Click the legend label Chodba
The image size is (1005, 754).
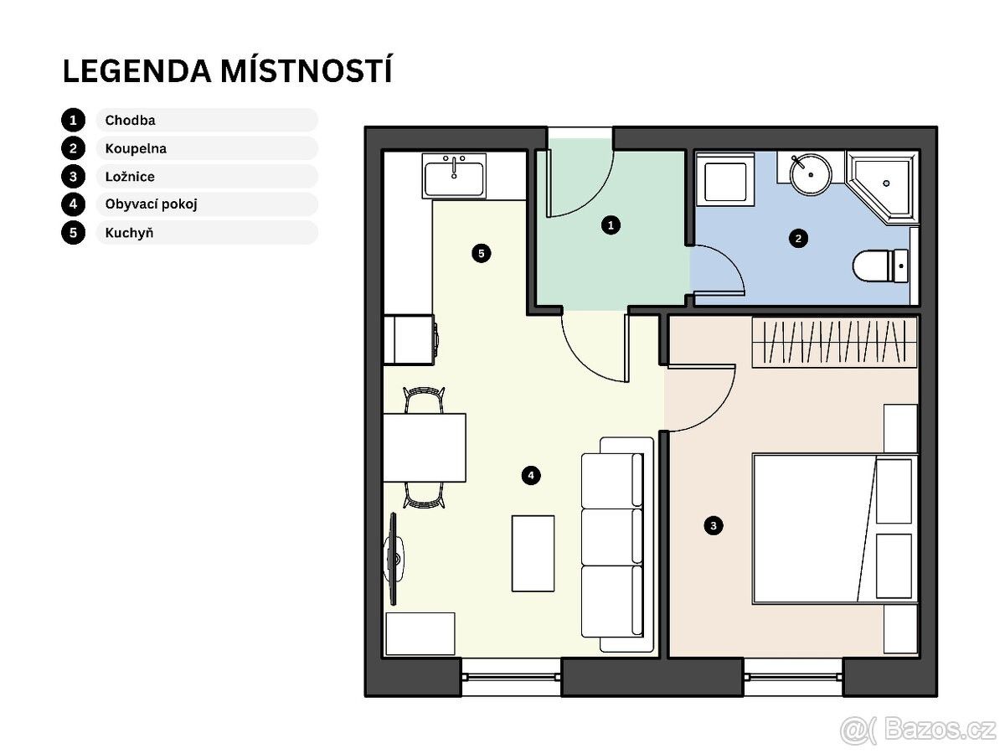[x=130, y=121]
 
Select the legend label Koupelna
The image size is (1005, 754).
[x=136, y=149]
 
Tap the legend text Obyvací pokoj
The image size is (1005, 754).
[x=151, y=204]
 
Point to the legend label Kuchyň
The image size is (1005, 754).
[x=129, y=233]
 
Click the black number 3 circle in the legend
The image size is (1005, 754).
[x=73, y=177]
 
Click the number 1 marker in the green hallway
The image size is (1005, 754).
[x=611, y=225]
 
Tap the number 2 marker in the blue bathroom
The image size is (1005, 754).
[x=798, y=239]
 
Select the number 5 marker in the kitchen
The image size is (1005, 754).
[x=482, y=254]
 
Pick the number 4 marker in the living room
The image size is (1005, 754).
[x=531, y=475]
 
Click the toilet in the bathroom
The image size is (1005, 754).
[x=880, y=266]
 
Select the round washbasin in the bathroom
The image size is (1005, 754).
[x=811, y=174]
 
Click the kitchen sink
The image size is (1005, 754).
[x=454, y=176]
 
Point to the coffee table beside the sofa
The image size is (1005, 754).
[x=533, y=554]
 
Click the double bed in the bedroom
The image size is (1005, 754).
[x=835, y=529]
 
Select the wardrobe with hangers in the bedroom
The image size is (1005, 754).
[x=835, y=342]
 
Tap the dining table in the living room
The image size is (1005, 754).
[x=425, y=447]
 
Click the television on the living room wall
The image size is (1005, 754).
[x=394, y=559]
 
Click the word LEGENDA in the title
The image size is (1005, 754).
[x=137, y=71]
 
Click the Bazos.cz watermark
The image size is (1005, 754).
[x=918, y=730]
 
